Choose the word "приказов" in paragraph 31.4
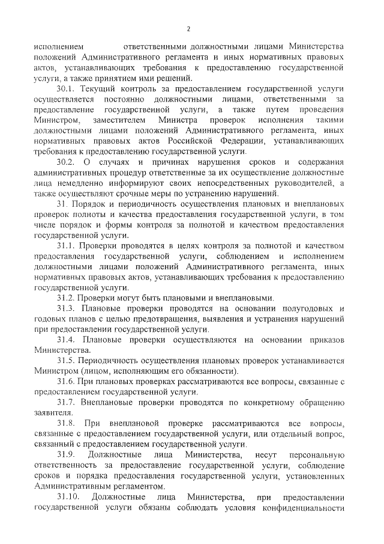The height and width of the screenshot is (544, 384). coord(325,340)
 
